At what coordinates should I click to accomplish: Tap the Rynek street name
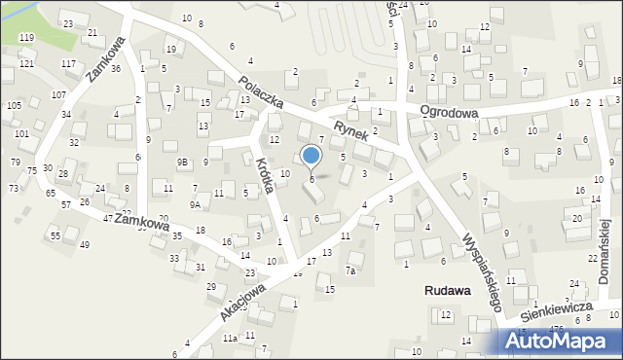351,131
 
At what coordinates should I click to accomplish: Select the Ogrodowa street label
449,113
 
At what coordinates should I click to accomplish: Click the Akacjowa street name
242,303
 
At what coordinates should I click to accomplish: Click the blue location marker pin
311,156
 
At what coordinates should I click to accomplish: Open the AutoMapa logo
559,341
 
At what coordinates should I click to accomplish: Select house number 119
26,37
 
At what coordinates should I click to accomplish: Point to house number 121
26,63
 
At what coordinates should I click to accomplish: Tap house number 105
14,105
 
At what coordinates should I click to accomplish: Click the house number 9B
183,162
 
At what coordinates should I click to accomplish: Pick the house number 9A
195,204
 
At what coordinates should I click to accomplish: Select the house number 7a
351,270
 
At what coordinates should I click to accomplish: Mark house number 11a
230,338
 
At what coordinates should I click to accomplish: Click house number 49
85,244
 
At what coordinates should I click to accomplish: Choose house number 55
55,235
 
